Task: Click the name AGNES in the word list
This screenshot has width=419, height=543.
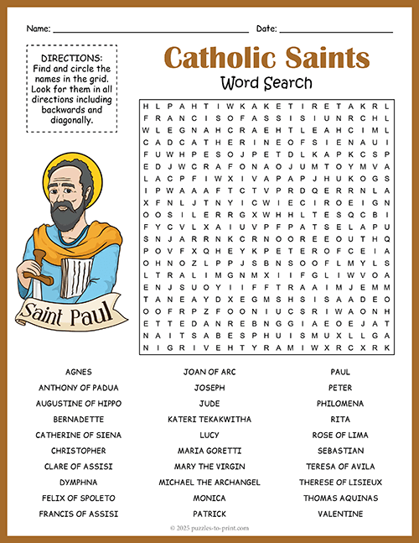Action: pos(78,371)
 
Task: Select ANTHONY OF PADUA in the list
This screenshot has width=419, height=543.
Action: pos(78,387)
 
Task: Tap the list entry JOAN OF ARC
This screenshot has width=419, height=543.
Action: pos(209,371)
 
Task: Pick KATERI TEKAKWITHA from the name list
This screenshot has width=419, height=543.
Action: pos(209,419)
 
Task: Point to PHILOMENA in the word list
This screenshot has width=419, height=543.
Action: pos(340,403)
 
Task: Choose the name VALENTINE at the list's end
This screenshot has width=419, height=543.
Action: pos(340,514)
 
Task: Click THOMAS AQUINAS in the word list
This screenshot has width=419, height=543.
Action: pos(340,498)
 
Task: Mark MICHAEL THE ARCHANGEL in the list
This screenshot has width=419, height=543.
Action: pos(209,482)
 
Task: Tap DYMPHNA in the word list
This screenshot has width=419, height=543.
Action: pos(78,482)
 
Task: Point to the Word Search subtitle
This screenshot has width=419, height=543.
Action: pos(266,82)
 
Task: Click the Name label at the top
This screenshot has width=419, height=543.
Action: pos(39,29)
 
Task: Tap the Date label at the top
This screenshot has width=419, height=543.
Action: pos(266,29)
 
